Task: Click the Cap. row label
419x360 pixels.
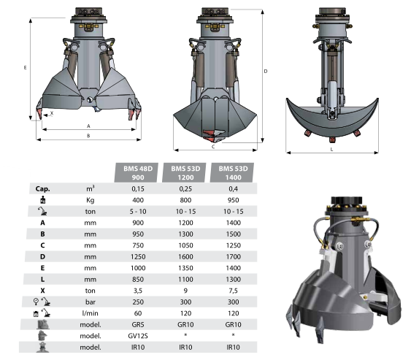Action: (x=42, y=188)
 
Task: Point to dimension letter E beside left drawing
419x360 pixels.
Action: (x=25, y=68)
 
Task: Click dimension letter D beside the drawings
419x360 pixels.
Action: (x=266, y=71)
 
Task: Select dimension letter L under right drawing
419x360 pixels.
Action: (x=331, y=149)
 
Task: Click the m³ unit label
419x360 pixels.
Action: (x=90, y=188)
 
